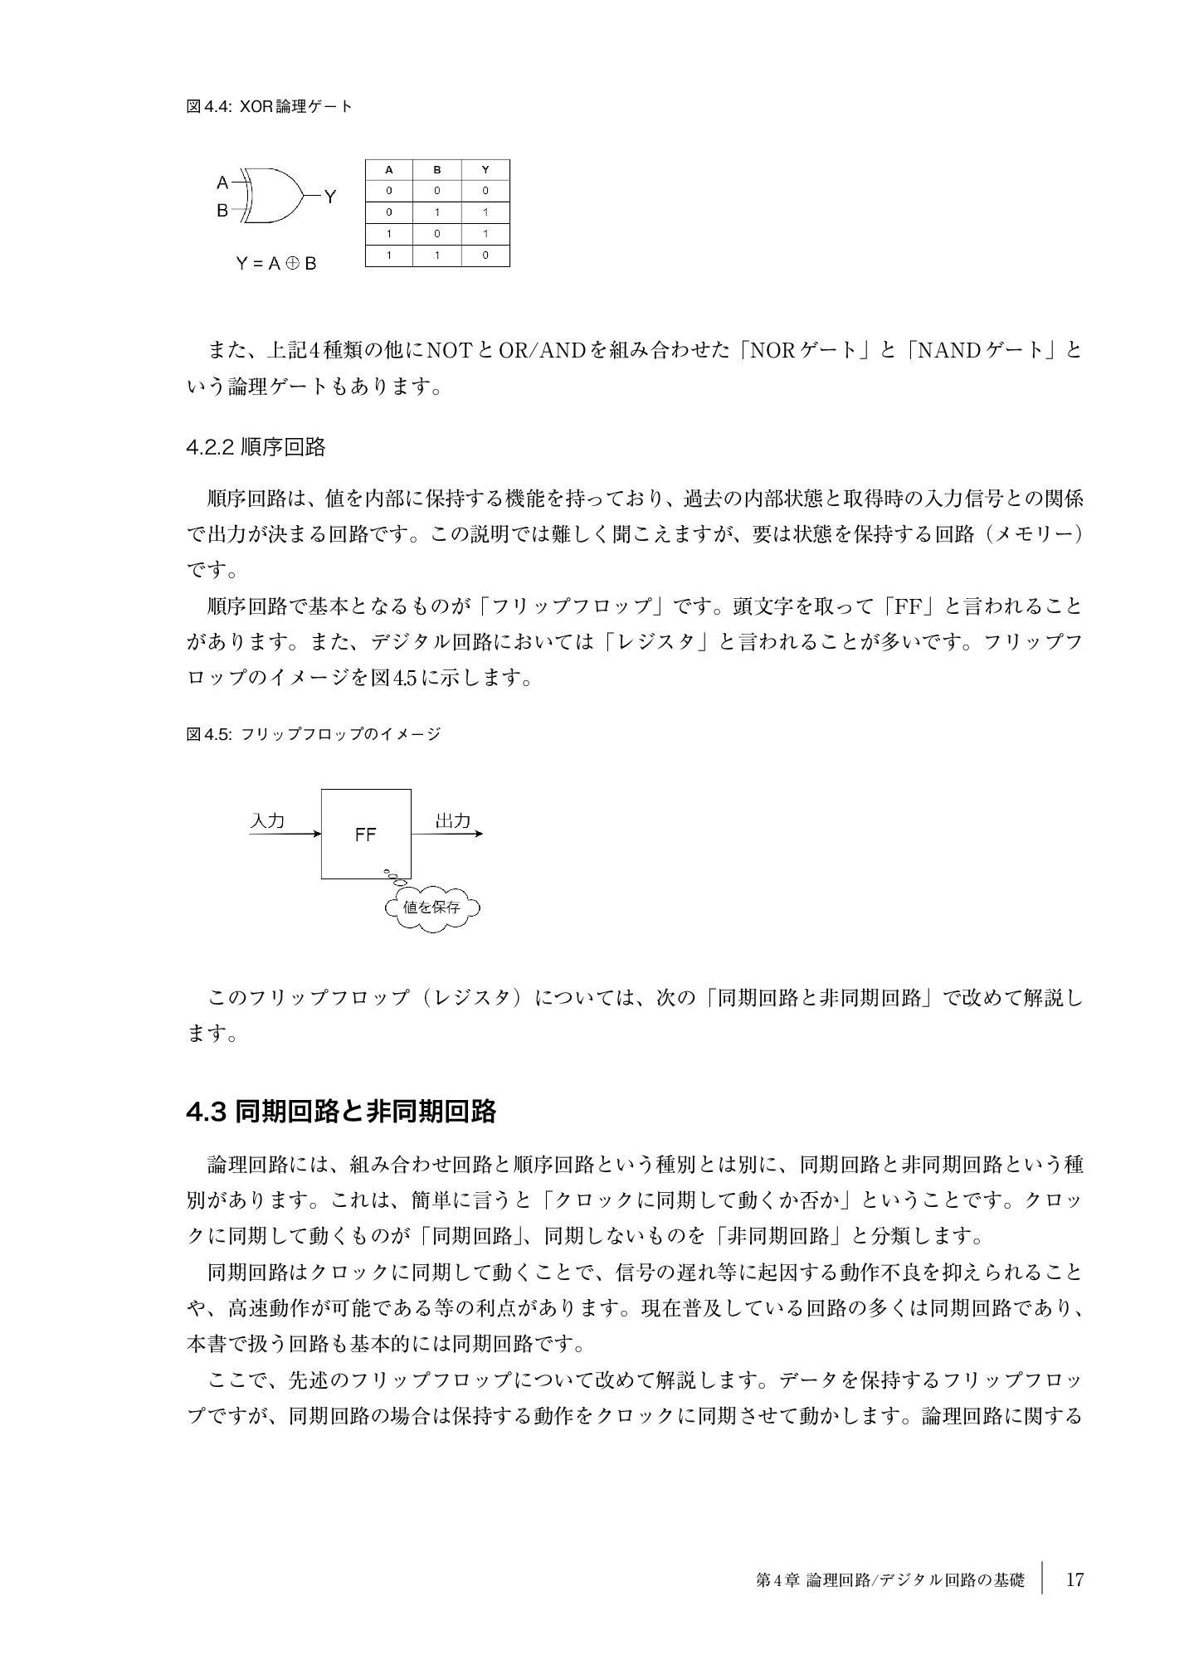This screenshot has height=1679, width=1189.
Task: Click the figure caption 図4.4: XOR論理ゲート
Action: [x=270, y=106]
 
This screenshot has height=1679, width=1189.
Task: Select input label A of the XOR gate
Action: [x=222, y=182]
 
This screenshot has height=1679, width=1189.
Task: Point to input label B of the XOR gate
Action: [x=222, y=211]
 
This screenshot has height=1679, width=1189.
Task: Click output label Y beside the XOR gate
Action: [x=330, y=197]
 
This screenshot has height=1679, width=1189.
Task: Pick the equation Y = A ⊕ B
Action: [x=275, y=265]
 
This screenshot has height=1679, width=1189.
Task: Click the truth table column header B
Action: [x=437, y=170]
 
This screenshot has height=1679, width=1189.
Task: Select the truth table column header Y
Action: [x=485, y=170]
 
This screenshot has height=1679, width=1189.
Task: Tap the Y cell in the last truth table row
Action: [x=485, y=255]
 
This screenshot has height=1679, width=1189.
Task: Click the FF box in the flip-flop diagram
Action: [x=366, y=834]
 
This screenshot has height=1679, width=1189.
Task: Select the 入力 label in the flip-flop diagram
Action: [x=267, y=820]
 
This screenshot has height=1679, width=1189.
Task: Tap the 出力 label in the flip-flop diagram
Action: [x=453, y=820]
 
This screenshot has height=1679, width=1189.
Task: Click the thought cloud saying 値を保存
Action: [x=432, y=907]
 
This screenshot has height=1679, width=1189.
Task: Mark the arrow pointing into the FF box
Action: [x=285, y=834]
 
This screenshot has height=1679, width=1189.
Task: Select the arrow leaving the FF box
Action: [x=446, y=834]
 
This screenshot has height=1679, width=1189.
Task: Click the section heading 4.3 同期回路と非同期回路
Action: [x=341, y=1112]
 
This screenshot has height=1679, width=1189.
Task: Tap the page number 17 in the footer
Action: [x=1074, y=1579]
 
